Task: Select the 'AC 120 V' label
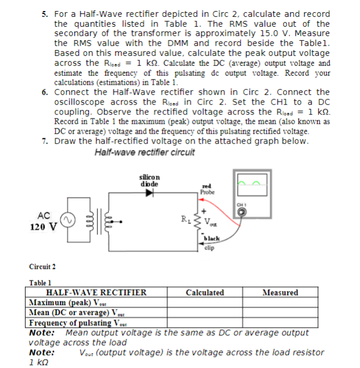43,221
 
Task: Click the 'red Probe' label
207,188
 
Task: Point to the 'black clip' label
211,243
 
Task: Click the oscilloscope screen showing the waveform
250,185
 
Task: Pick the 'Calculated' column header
204,293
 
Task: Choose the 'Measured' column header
280,293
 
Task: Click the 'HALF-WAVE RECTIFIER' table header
97,293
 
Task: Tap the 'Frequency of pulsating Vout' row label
78,323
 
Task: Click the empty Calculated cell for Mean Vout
204,313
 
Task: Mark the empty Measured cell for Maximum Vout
280,303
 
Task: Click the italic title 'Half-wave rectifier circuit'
144,153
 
